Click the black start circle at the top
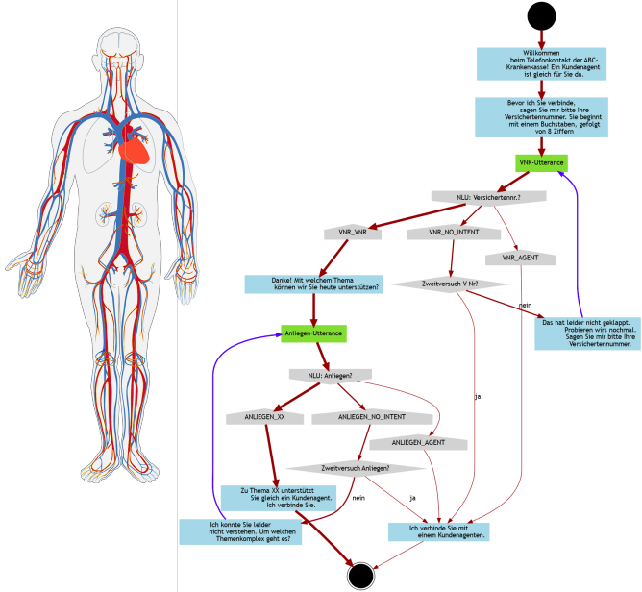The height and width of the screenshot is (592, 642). point(540,15)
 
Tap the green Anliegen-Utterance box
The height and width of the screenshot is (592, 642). point(313,333)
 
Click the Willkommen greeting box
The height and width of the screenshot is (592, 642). point(541,64)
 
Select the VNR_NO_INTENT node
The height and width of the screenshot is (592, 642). point(454,233)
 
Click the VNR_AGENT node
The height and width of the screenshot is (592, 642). point(521,259)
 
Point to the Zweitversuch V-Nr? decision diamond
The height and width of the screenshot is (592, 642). point(437,284)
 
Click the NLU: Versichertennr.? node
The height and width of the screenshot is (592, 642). point(488,197)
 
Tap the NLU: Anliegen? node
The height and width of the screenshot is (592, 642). point(330,374)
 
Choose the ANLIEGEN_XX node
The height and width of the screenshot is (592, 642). point(266,418)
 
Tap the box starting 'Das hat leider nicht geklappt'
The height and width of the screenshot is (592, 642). point(586,333)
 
